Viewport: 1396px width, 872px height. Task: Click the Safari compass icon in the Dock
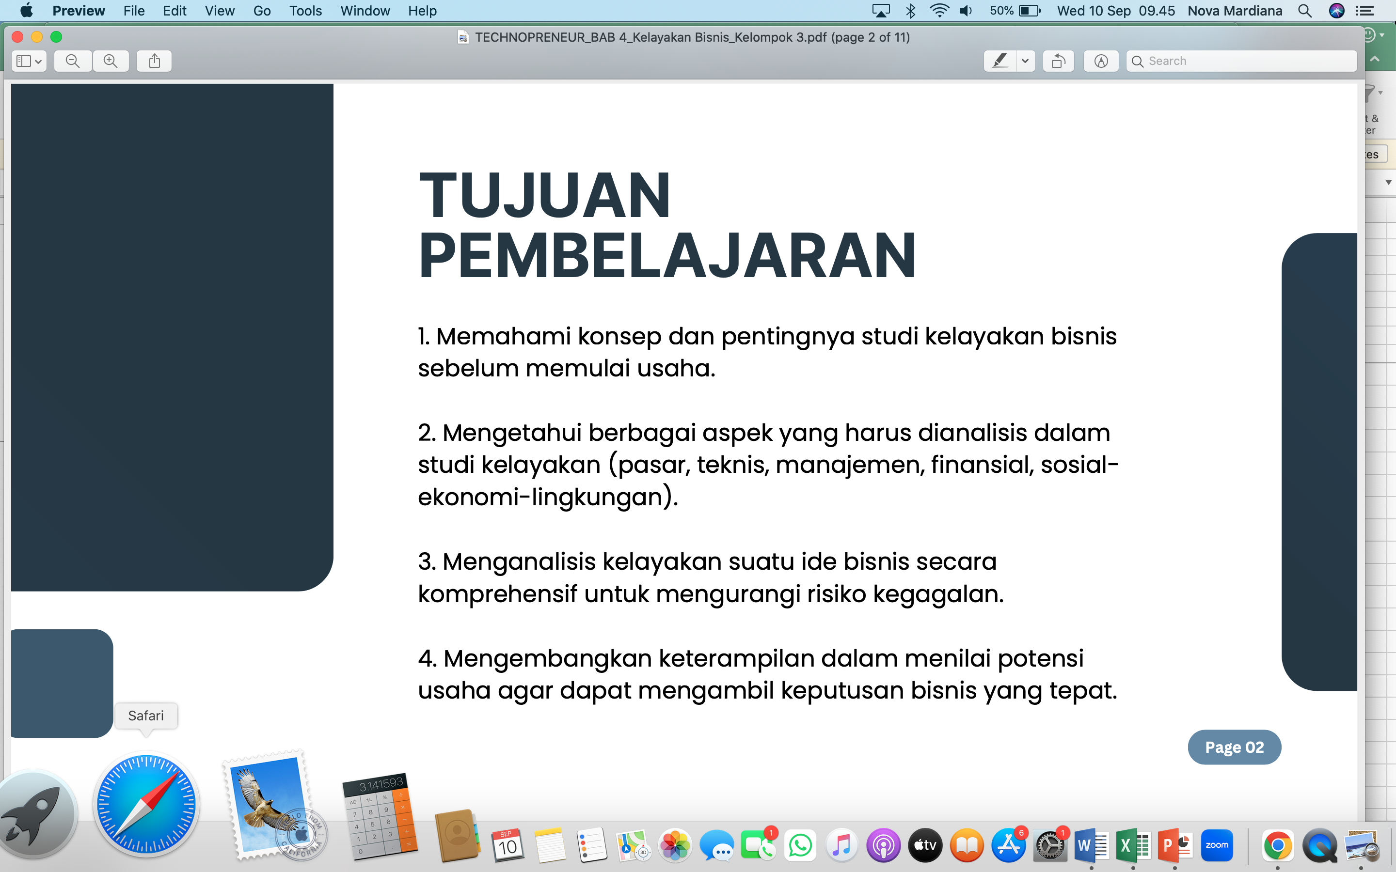[x=146, y=805]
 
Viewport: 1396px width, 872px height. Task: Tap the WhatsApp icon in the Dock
[x=800, y=846]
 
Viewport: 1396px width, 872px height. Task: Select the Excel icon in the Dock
[x=1132, y=846]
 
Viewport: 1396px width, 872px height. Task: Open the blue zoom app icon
[x=1217, y=846]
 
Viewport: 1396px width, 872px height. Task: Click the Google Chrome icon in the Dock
[x=1278, y=846]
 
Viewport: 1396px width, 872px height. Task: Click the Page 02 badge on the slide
[x=1235, y=747]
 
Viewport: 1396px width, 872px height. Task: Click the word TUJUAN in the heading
[x=544, y=196]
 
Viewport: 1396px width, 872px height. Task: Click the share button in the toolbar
[x=154, y=61]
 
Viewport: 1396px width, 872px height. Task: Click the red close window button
[x=17, y=37]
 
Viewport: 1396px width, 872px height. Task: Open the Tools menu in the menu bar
[x=305, y=11]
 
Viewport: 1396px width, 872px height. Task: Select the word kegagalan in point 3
[x=938, y=594]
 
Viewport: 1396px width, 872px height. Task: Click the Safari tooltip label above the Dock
[x=146, y=716]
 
